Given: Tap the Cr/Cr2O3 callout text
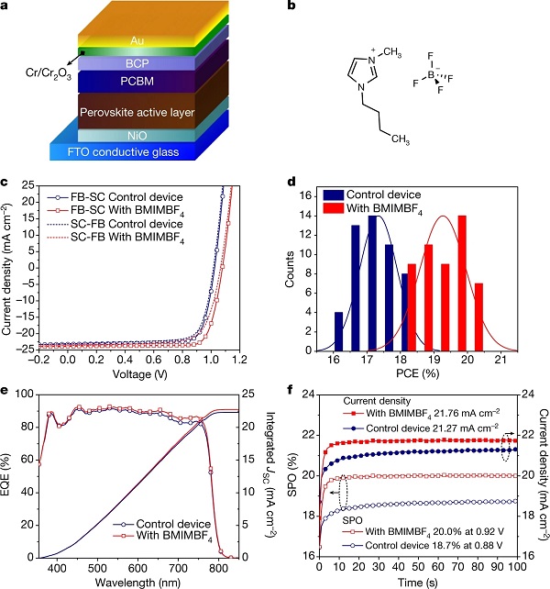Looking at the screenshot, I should click(x=36, y=68).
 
